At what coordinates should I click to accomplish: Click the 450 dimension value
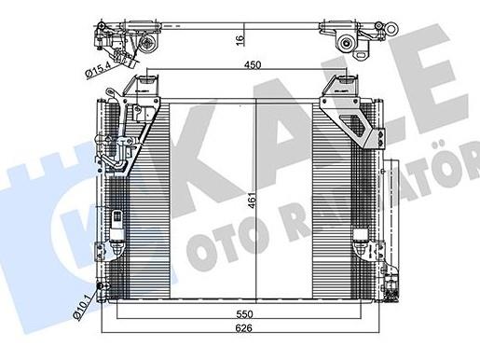coord(253,65)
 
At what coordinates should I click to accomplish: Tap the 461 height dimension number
coord(254,201)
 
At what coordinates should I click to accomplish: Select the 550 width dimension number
coord(244,314)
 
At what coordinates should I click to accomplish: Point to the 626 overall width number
coord(243,328)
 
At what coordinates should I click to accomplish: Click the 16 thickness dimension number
coord(240,41)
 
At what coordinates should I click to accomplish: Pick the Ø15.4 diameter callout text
coord(97,70)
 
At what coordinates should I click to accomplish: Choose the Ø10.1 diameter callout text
coord(82,307)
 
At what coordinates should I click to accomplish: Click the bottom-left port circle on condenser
coord(102,286)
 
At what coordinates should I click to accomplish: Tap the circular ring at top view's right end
coord(391,30)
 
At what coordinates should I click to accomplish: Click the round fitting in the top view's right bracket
coord(346,43)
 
